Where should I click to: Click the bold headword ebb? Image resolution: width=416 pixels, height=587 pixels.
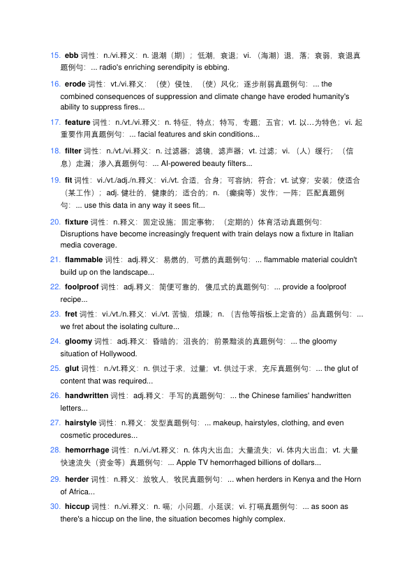[x=71, y=54]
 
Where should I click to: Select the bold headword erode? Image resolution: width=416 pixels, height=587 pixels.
[x=75, y=84]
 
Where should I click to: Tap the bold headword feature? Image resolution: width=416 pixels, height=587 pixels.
[x=77, y=122]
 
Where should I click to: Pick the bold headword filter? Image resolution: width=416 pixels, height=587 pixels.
[x=73, y=151]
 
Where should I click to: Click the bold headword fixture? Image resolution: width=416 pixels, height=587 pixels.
[x=76, y=222]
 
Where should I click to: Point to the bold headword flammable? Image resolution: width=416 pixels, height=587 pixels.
[x=83, y=259]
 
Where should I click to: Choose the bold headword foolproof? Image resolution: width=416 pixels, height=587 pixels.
[x=82, y=287]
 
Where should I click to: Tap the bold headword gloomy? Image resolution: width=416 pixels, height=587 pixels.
[x=78, y=341]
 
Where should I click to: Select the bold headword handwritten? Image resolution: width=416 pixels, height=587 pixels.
[x=87, y=395]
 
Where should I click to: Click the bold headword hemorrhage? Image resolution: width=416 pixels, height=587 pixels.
[x=87, y=450]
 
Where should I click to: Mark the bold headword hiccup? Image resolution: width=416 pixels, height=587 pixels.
[x=77, y=506]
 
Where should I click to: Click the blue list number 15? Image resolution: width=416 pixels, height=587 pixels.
[x=55, y=54]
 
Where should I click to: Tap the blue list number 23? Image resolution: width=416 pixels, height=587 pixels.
[x=55, y=314]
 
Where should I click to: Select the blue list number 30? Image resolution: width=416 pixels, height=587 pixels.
[x=55, y=506]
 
